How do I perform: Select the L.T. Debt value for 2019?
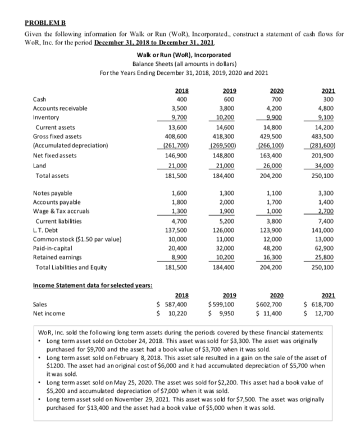click(x=226, y=229)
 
